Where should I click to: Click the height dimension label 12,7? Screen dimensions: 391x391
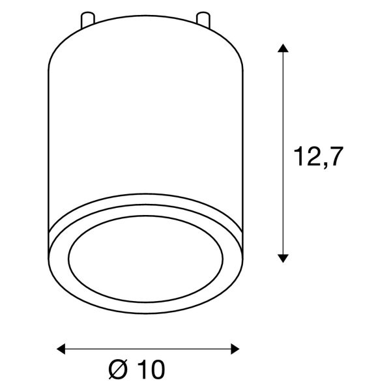coord(319,157)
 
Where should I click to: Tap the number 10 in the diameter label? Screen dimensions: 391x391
coord(151,369)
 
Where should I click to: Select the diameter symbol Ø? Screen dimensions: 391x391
coord(118,369)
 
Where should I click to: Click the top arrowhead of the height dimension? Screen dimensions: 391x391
coord(283,48)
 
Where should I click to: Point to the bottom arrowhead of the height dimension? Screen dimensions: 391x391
coord(283,258)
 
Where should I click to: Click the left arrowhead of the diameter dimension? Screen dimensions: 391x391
coord(61,349)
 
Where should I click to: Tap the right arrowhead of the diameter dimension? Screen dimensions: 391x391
coord(235,349)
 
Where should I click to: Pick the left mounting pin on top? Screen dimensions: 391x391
coord(87,20)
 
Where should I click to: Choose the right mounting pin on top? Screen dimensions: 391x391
coord(203,20)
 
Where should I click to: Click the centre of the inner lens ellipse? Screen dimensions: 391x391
coord(145,259)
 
